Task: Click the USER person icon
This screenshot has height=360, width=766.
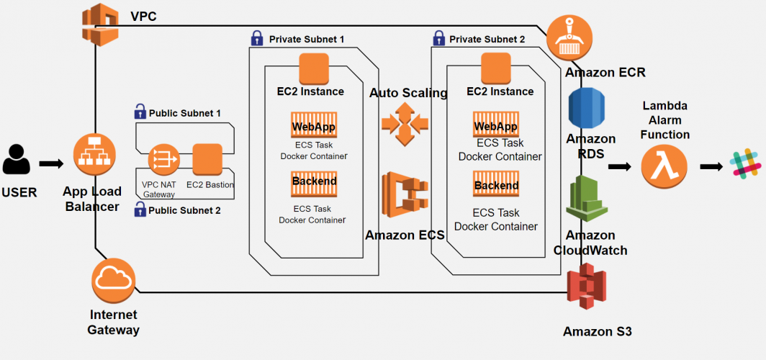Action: click(x=17, y=159)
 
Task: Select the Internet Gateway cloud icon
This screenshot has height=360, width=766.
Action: click(x=114, y=282)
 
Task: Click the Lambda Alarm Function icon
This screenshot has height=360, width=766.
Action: click(x=664, y=166)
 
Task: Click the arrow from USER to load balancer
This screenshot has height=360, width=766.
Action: click(x=51, y=163)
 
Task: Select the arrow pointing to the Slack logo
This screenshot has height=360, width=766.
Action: click(x=711, y=166)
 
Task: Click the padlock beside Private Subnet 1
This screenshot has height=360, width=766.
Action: click(x=256, y=37)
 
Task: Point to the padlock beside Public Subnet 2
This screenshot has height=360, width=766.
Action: click(x=140, y=210)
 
